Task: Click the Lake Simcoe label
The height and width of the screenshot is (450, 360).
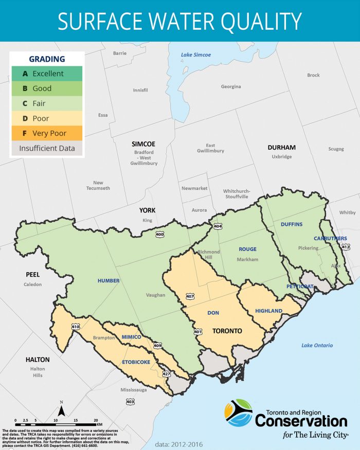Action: (196, 55)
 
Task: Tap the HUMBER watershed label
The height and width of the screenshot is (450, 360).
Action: (109, 281)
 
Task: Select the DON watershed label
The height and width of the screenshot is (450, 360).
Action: (213, 313)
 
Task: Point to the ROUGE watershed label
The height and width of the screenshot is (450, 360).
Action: (247, 249)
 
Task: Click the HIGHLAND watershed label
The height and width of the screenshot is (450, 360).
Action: (268, 311)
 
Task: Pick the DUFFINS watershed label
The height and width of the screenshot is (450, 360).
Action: (292, 225)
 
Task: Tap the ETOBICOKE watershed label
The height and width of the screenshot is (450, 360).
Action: (136, 362)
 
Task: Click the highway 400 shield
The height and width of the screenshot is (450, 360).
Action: (159, 235)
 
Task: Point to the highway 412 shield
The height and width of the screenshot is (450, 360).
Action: (346, 247)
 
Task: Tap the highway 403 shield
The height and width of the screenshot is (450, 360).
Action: (130, 402)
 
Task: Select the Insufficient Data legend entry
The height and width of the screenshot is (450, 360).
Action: (46, 148)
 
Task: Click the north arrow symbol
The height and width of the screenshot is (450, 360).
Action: (61, 410)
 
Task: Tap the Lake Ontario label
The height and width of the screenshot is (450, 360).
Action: (317, 345)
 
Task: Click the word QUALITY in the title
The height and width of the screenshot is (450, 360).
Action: (257, 21)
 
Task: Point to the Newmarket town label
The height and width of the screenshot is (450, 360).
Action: (194, 188)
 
